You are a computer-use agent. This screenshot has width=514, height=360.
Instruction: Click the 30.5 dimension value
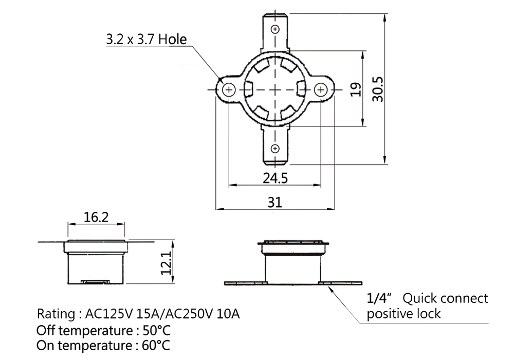(378, 89)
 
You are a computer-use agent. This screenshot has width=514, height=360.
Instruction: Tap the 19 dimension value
(356, 89)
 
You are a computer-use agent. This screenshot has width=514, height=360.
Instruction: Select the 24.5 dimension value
(275, 178)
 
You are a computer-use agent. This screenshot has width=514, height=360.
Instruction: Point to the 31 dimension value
(274, 202)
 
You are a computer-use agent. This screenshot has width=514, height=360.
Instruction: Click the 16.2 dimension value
(96, 217)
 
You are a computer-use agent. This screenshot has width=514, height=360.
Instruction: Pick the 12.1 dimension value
(166, 263)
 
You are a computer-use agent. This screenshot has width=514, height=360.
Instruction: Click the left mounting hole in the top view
(229, 89)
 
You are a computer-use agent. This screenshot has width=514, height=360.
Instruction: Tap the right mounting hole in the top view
(321, 89)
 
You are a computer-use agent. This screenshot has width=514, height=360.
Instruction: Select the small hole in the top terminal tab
(276, 29)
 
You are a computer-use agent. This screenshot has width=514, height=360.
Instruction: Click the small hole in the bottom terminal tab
(276, 149)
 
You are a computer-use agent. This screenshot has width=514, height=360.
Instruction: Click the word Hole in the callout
(172, 40)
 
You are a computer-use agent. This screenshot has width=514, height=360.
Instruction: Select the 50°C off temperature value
(157, 330)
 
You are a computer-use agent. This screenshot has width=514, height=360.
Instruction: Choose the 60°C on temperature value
(156, 345)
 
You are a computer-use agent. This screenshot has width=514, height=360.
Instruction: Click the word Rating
(56, 314)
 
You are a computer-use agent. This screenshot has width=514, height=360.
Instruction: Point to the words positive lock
(403, 314)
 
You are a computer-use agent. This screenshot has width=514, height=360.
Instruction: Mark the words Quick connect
(445, 298)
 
